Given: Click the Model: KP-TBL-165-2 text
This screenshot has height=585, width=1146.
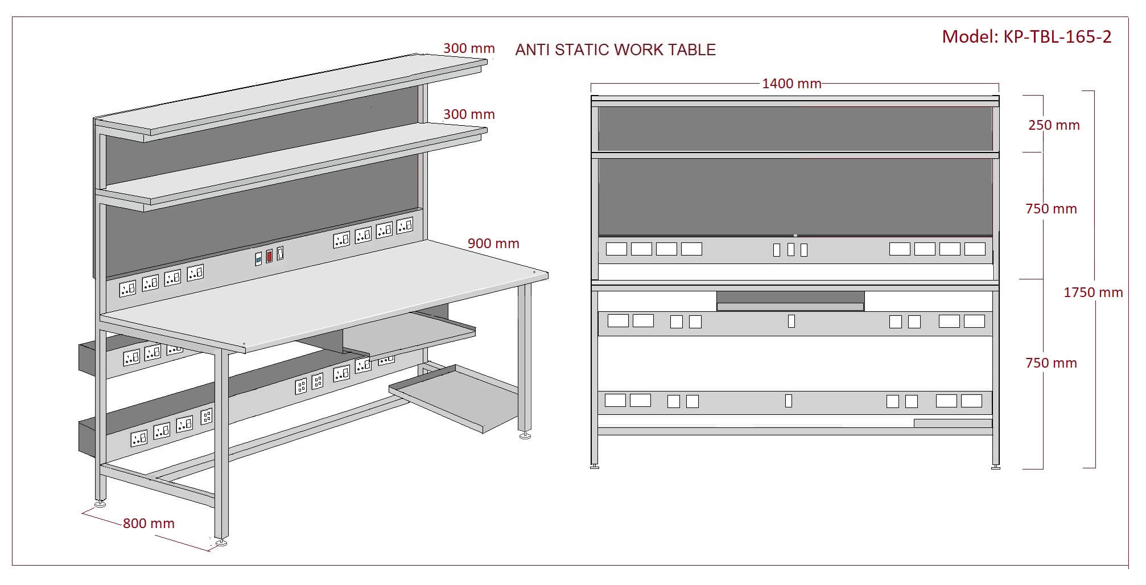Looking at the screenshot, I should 1026,37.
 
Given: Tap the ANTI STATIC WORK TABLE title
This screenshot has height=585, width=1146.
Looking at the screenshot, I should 615,50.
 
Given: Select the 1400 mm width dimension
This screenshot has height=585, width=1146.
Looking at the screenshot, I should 792,84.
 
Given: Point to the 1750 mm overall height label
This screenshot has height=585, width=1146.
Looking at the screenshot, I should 1093,292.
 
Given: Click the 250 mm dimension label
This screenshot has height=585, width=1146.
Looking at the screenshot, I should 1054,125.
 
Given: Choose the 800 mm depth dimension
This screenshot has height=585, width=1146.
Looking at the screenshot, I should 149,524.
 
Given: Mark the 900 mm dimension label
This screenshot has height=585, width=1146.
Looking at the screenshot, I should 493,244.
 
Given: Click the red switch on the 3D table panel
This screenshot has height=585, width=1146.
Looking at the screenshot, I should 269,256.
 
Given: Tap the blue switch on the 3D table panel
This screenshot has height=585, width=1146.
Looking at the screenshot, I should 258,259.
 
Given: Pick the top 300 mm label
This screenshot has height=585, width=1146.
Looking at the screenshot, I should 469,48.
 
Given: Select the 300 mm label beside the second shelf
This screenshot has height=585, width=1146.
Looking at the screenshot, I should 469,114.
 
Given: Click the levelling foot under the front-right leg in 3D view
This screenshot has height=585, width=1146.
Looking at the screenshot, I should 524,436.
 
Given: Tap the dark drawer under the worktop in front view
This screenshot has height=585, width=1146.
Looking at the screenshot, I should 790,298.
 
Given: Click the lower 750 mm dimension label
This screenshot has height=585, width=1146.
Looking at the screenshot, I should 1051,363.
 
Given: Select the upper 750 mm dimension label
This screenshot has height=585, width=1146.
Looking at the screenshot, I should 1051,209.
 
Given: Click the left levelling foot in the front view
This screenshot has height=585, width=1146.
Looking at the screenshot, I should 595,467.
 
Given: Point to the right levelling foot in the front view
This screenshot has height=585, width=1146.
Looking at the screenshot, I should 996,467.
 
